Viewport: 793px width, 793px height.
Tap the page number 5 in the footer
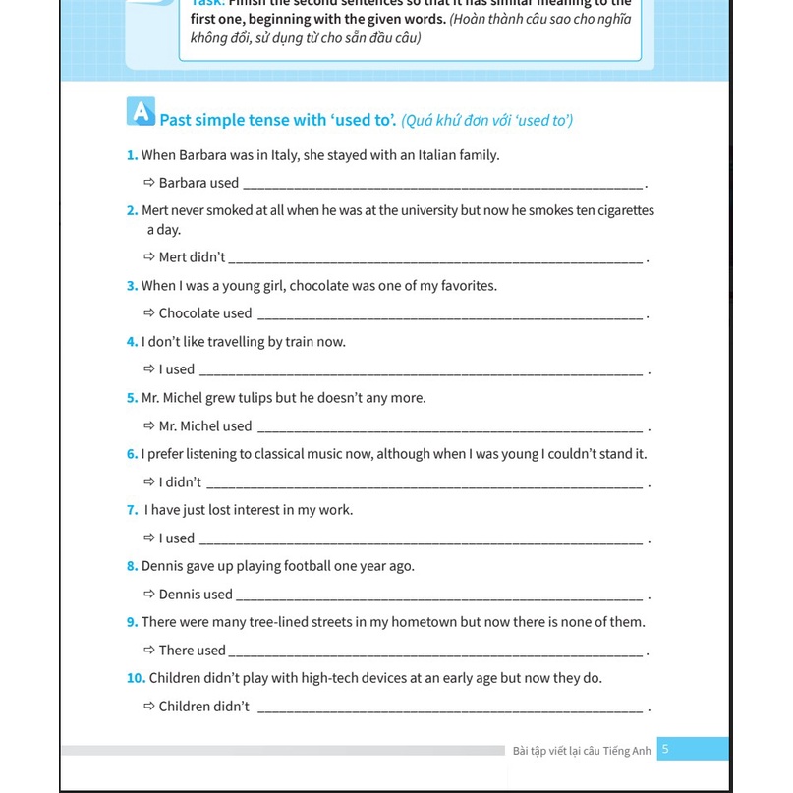point(665,749)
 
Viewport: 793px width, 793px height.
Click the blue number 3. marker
point(133,286)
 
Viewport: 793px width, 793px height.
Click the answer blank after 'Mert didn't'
point(436,259)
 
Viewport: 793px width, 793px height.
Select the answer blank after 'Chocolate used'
point(450,315)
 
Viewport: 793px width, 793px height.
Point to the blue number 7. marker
point(133,510)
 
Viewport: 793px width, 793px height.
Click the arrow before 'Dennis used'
point(149,594)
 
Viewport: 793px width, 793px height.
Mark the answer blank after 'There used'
point(436,652)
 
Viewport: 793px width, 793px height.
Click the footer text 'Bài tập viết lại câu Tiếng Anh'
point(582,751)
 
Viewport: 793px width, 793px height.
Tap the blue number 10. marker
point(136,678)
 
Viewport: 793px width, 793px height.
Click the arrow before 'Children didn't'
point(149,706)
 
